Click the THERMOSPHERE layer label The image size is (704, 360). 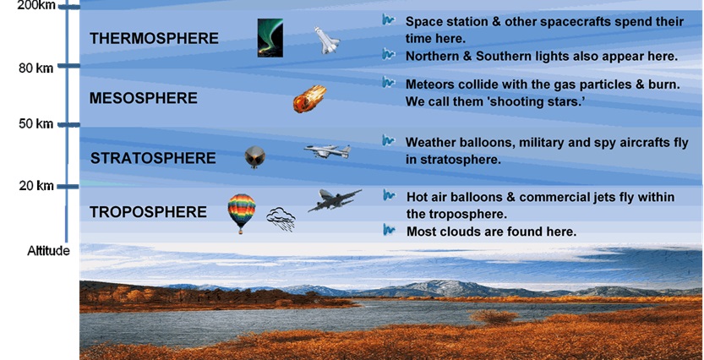pos(154,39)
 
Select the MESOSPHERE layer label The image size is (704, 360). pos(143,98)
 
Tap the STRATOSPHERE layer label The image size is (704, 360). pos(153,159)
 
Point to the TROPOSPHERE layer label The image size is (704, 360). pos(148,212)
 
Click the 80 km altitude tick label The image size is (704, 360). pos(35,68)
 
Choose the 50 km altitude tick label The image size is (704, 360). pos(35,124)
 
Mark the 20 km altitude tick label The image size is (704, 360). pos(35,185)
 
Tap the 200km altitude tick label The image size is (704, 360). pos(36,6)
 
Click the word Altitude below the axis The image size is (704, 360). pos(48,251)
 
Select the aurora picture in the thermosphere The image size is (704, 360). pos(270,38)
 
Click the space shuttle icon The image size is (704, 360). pos(326,41)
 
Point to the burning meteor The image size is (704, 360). pos(309,99)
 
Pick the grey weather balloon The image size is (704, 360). pos(254,157)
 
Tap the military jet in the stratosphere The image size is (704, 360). pos(327,151)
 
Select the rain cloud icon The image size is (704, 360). pos(281,219)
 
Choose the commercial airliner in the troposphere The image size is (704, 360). pos(335,200)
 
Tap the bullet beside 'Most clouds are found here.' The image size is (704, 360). pos(389,230)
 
